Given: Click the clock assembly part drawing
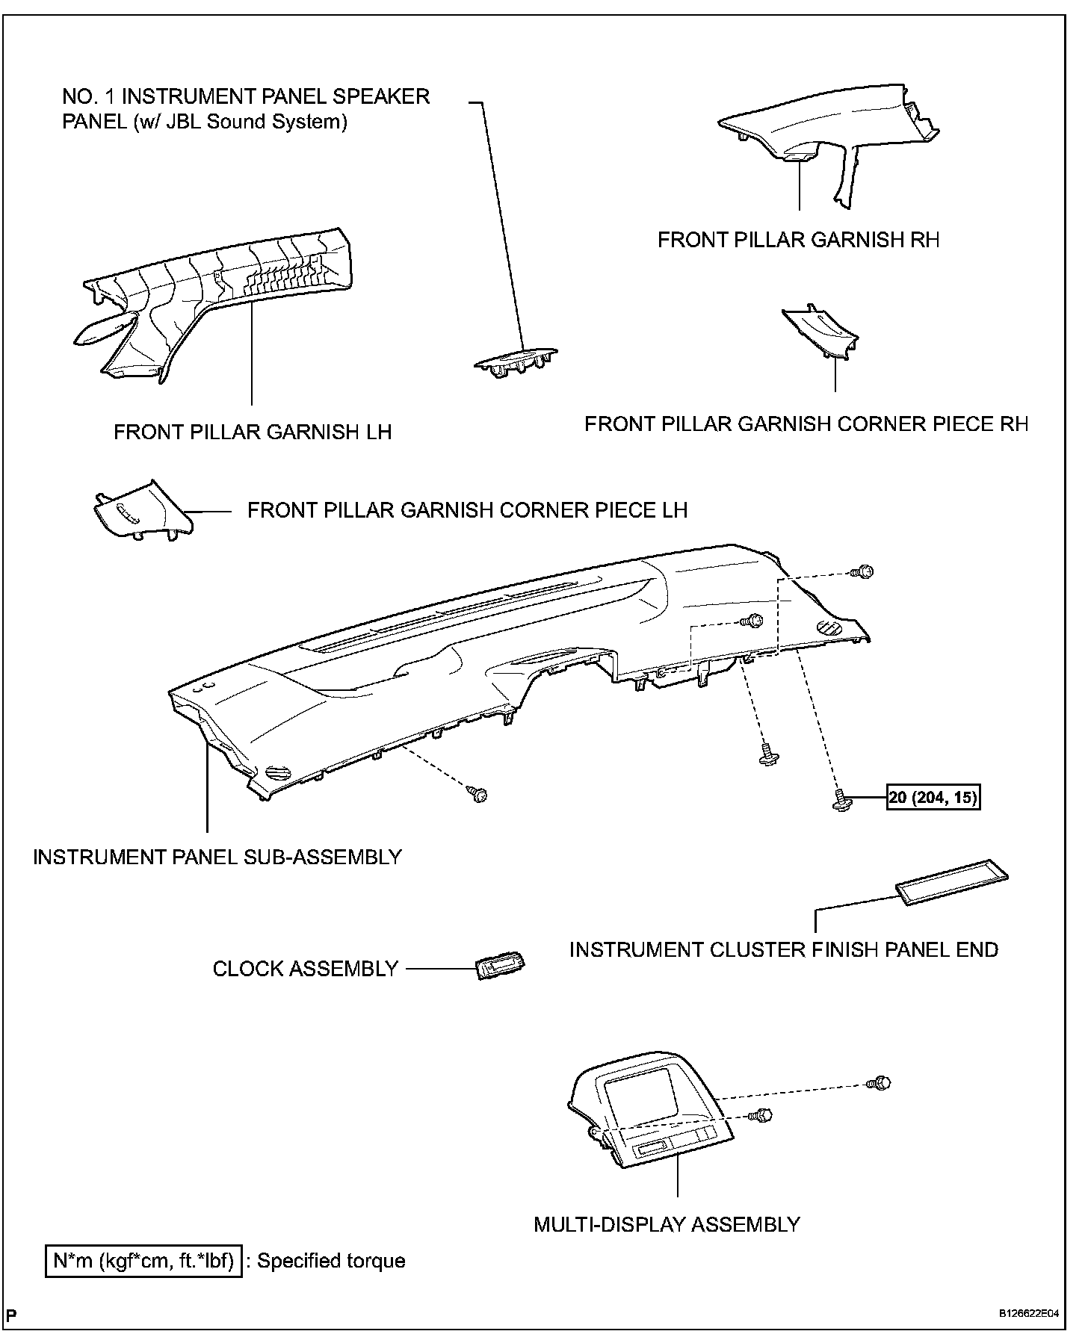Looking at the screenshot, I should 501,968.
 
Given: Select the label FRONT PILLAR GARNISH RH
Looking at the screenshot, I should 798,240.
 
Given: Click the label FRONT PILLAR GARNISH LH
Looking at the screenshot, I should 253,432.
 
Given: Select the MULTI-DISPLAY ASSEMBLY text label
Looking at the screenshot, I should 667,1225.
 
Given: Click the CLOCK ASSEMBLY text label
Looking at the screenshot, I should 305,969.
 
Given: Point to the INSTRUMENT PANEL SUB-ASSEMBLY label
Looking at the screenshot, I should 217,857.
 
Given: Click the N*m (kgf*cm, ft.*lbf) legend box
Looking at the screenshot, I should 143,1262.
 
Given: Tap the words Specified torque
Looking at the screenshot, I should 331,1262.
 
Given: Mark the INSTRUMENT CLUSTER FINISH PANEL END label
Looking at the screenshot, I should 783,949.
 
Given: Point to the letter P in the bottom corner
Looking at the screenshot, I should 13,1313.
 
